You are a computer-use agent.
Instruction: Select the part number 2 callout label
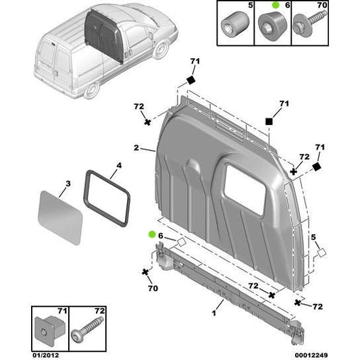pyautogui.click(x=136, y=147)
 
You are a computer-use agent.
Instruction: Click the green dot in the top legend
pyautogui.click(x=276, y=5)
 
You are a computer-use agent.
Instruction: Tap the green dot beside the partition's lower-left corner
pyautogui.click(x=152, y=234)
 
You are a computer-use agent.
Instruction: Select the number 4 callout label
pyautogui.click(x=118, y=165)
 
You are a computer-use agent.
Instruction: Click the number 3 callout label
pyautogui.click(x=68, y=184)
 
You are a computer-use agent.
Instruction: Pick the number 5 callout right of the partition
pyautogui.click(x=313, y=236)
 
